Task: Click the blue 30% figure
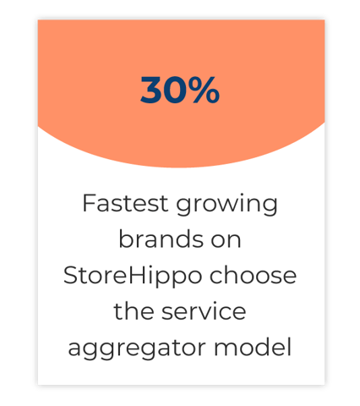coord(180,90)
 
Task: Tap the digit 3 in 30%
coord(150,90)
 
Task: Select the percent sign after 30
coord(204,90)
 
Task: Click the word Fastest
coord(125,203)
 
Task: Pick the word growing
coord(227,206)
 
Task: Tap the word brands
coord(161,239)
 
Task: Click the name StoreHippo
coord(133,277)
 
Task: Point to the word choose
coord(253,275)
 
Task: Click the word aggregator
coord(137,348)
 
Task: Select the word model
coord(253,347)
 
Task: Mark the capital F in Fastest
coord(90,203)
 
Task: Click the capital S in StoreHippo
coord(70,275)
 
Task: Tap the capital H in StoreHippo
coord(137,275)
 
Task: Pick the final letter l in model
coord(289,347)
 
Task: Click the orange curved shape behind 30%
coord(180,135)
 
